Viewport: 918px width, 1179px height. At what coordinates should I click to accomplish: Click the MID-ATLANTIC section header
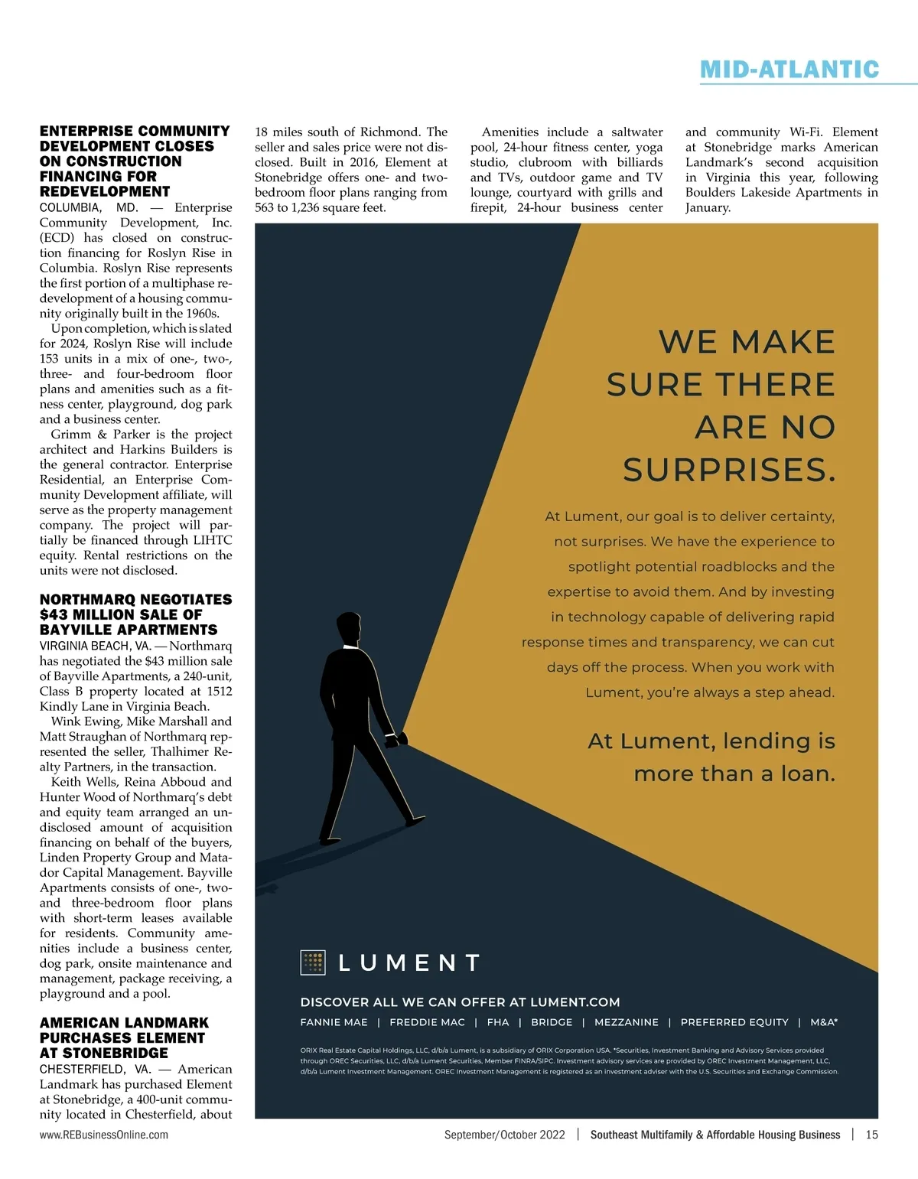pos(789,70)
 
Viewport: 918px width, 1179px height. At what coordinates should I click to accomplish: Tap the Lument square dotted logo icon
pos(313,962)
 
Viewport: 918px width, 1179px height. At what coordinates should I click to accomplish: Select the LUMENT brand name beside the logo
pos(409,962)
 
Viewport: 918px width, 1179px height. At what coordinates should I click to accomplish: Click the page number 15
pos(871,1135)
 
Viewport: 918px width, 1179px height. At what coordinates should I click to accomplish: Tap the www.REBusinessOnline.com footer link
pos(104,1135)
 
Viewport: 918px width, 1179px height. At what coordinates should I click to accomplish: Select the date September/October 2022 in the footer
pos(504,1135)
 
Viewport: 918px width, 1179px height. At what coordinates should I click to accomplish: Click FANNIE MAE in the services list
pos(334,1022)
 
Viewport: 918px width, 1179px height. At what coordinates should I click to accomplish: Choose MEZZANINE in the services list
pos(626,1022)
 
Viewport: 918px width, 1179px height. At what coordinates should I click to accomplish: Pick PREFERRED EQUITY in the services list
pos(734,1022)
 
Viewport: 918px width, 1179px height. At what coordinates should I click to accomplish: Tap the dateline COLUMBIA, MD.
pos(89,207)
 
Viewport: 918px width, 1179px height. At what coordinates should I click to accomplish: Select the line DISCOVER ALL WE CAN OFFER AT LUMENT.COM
pos(460,1002)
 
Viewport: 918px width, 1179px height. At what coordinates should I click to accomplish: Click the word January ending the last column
pos(708,207)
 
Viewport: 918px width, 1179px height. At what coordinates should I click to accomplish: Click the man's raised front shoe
pos(414,821)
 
